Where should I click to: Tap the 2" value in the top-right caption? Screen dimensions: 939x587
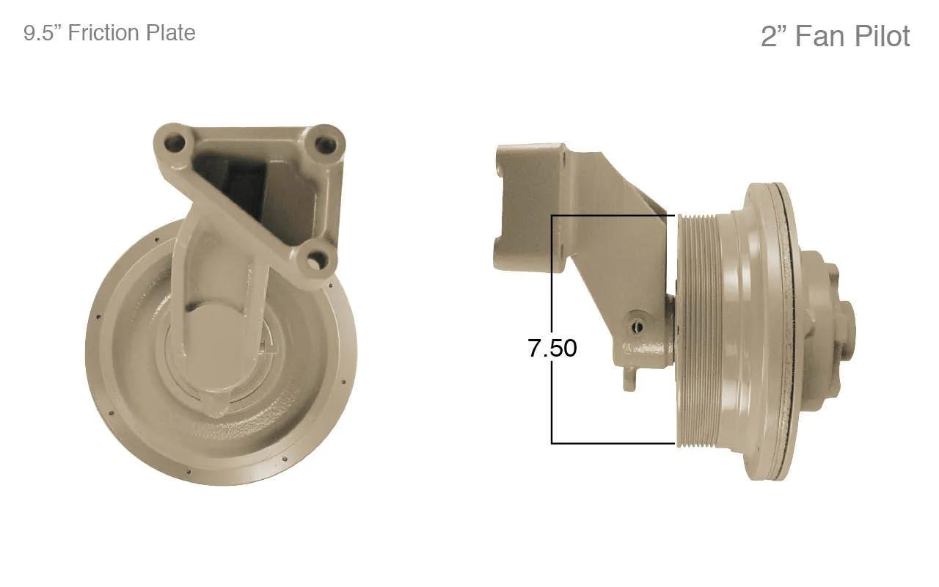[775, 36]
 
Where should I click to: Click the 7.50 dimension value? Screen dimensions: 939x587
[552, 348]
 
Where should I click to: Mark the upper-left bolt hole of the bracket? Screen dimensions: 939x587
[174, 142]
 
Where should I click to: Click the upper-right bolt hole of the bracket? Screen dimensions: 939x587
[325, 145]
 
